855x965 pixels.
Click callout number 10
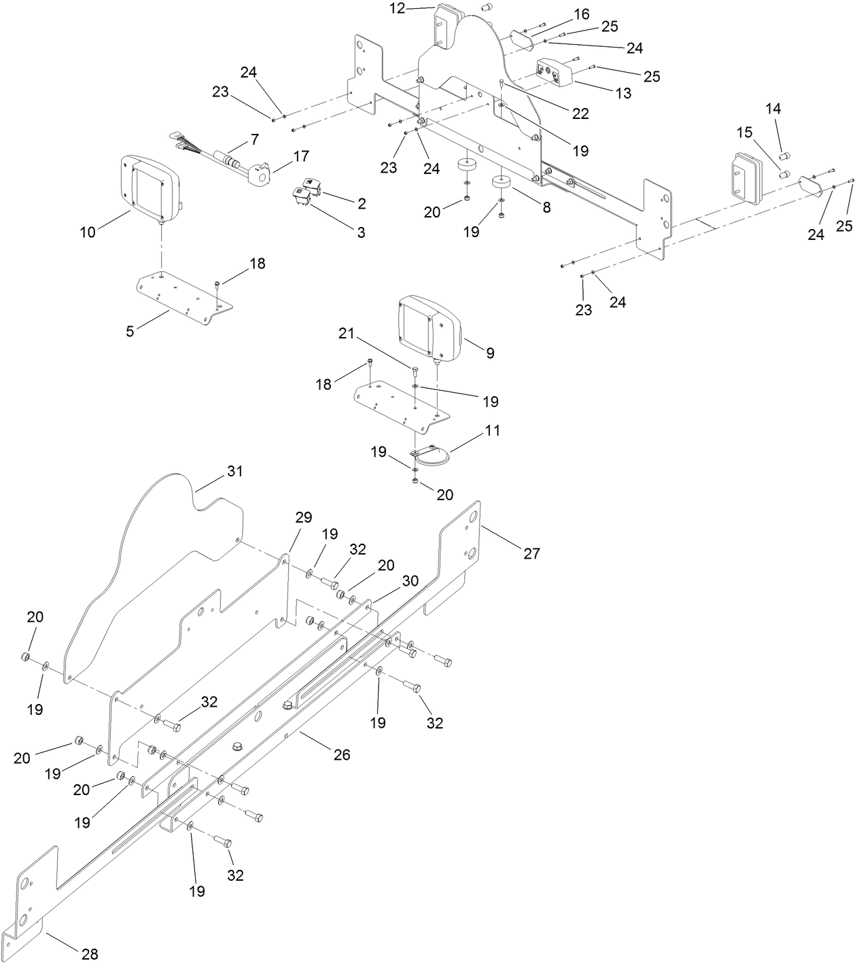tap(88, 232)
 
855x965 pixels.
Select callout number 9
tap(490, 353)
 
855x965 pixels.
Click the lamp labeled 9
tap(428, 330)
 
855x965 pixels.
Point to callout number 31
tap(234, 471)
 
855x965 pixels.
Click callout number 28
tap(90, 955)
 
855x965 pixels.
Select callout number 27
tap(531, 553)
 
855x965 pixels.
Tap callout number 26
tap(341, 754)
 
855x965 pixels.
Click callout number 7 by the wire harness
tap(254, 139)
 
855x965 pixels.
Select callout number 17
tap(300, 157)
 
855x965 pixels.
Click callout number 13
tap(623, 93)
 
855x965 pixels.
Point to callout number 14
tap(774, 108)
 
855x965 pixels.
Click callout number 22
tap(580, 113)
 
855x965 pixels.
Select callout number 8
tap(546, 207)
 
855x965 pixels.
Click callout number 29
tap(303, 517)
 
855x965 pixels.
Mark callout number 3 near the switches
tap(361, 232)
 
